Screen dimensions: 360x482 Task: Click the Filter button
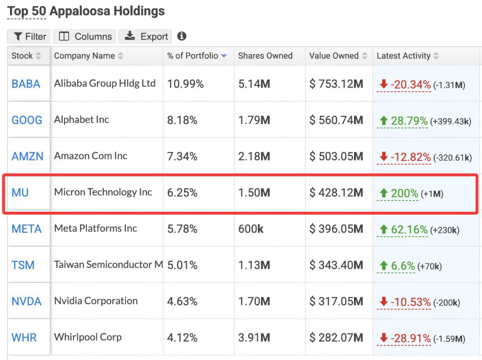click(x=30, y=37)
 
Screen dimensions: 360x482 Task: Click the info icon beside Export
click(x=182, y=36)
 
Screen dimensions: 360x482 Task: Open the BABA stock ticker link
click(x=26, y=84)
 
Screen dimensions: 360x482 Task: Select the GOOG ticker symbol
click(x=27, y=120)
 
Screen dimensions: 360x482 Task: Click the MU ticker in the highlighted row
click(x=20, y=192)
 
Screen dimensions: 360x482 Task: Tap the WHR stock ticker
click(x=24, y=337)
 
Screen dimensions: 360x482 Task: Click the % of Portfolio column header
click(x=193, y=56)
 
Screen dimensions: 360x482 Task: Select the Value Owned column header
click(x=334, y=56)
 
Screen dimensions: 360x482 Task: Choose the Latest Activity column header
click(x=404, y=56)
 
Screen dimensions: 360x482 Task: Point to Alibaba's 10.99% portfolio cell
click(x=185, y=84)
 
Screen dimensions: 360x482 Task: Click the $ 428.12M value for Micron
click(x=336, y=193)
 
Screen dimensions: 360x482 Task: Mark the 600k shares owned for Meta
click(x=251, y=229)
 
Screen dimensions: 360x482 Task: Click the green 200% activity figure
click(x=404, y=193)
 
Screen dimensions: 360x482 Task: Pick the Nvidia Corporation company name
click(x=96, y=301)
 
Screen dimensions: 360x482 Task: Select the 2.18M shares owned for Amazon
click(x=254, y=157)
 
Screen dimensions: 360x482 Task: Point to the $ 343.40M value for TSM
click(x=336, y=265)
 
